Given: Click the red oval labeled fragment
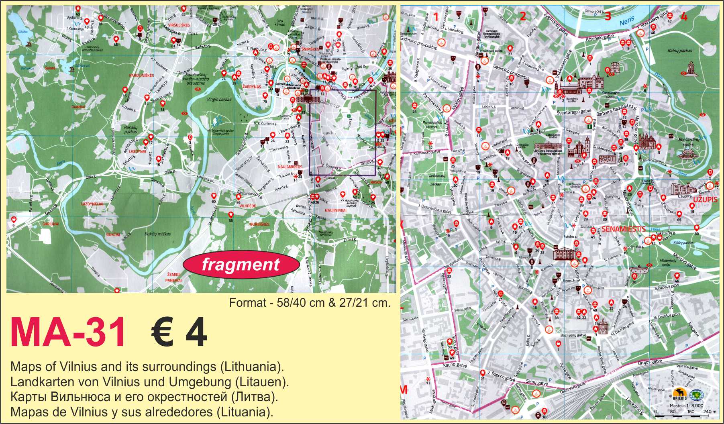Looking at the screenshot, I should [x=241, y=265].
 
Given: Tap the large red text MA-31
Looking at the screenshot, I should [x=67, y=333].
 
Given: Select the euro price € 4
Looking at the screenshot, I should [x=179, y=333].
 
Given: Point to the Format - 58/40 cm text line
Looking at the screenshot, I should [x=309, y=303].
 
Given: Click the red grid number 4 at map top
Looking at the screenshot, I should [x=684, y=17].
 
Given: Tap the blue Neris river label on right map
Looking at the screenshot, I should [x=627, y=22].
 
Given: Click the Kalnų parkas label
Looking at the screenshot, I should [x=680, y=51].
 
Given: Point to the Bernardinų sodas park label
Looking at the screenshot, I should [x=688, y=142].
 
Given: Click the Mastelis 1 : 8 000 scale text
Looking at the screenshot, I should [x=686, y=405].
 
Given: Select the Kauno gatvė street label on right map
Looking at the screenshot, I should [x=455, y=365].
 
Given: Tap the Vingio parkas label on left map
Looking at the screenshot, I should [x=220, y=99].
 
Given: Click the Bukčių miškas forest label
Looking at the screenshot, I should [x=158, y=234].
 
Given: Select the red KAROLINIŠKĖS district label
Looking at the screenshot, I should [x=139, y=75].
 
